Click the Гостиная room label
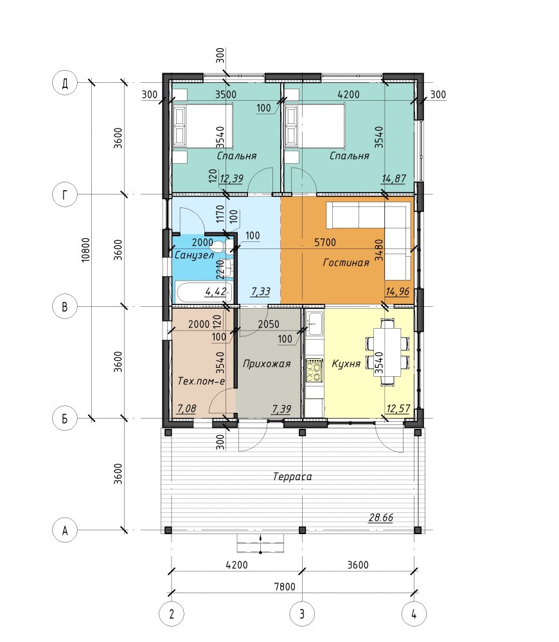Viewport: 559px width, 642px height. [346, 263]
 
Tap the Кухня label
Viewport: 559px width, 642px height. [346, 363]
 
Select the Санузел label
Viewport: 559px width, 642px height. [194, 255]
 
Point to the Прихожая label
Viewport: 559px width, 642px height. [267, 363]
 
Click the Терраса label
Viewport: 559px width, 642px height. [292, 476]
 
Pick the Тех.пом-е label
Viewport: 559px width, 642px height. [201, 381]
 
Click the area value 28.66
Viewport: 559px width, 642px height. [381, 517]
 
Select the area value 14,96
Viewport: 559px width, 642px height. [397, 291]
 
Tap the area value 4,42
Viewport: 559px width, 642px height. [215, 291]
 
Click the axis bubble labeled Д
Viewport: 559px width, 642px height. [65, 83]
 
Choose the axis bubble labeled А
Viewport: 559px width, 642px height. [65, 530]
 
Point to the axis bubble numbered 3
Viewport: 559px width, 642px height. [302, 614]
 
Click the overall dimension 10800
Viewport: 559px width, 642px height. [85, 250]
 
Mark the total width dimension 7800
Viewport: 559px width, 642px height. [285, 587]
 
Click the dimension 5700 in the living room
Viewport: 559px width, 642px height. [325, 243]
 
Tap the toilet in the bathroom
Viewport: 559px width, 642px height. [217, 247]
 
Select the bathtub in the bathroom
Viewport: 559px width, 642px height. [204, 292]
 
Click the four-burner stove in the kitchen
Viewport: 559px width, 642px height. [315, 370]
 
